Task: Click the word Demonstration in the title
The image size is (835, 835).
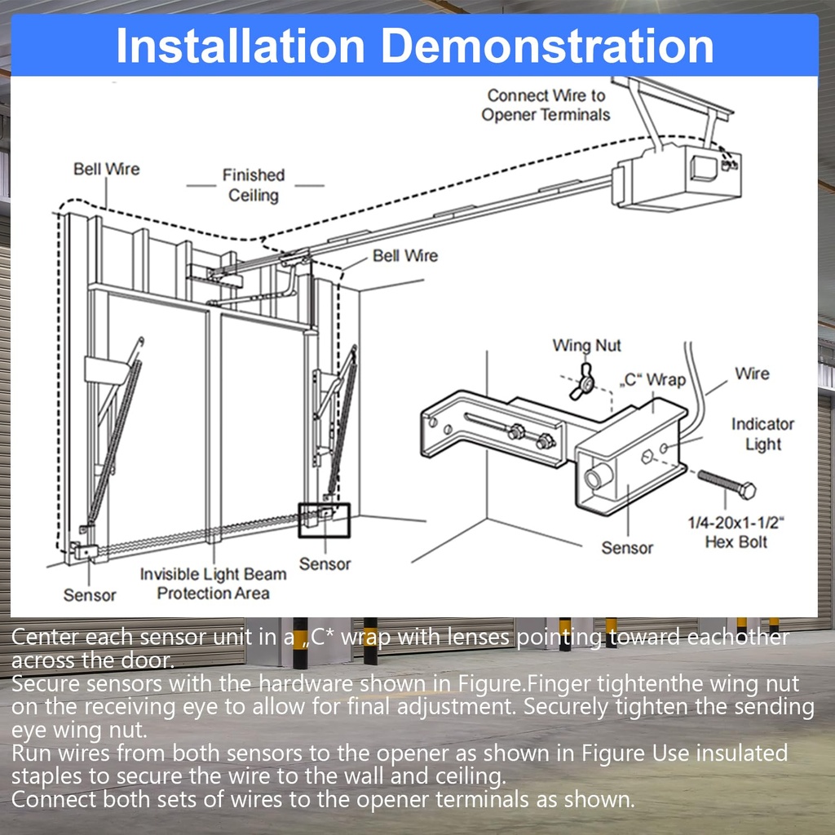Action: point(545,46)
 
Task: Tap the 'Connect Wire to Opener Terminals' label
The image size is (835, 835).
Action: point(546,105)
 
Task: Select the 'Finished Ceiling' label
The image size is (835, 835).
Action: point(254,185)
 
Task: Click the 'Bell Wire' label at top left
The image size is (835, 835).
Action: point(106,169)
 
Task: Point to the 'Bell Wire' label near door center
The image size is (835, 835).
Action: point(404,255)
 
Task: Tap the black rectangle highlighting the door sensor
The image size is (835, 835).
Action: point(324,519)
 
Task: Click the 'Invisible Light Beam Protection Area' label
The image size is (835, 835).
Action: point(213,584)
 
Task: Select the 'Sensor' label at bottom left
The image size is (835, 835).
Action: point(90,595)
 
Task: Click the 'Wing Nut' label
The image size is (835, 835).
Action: point(586,345)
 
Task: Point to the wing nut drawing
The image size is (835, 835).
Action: point(583,382)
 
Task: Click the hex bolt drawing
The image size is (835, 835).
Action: point(725,484)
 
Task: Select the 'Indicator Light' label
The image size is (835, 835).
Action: point(762,434)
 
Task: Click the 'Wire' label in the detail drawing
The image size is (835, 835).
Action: point(751,373)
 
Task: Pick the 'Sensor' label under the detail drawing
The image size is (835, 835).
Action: point(627,548)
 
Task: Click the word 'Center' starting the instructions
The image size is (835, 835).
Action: point(46,637)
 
